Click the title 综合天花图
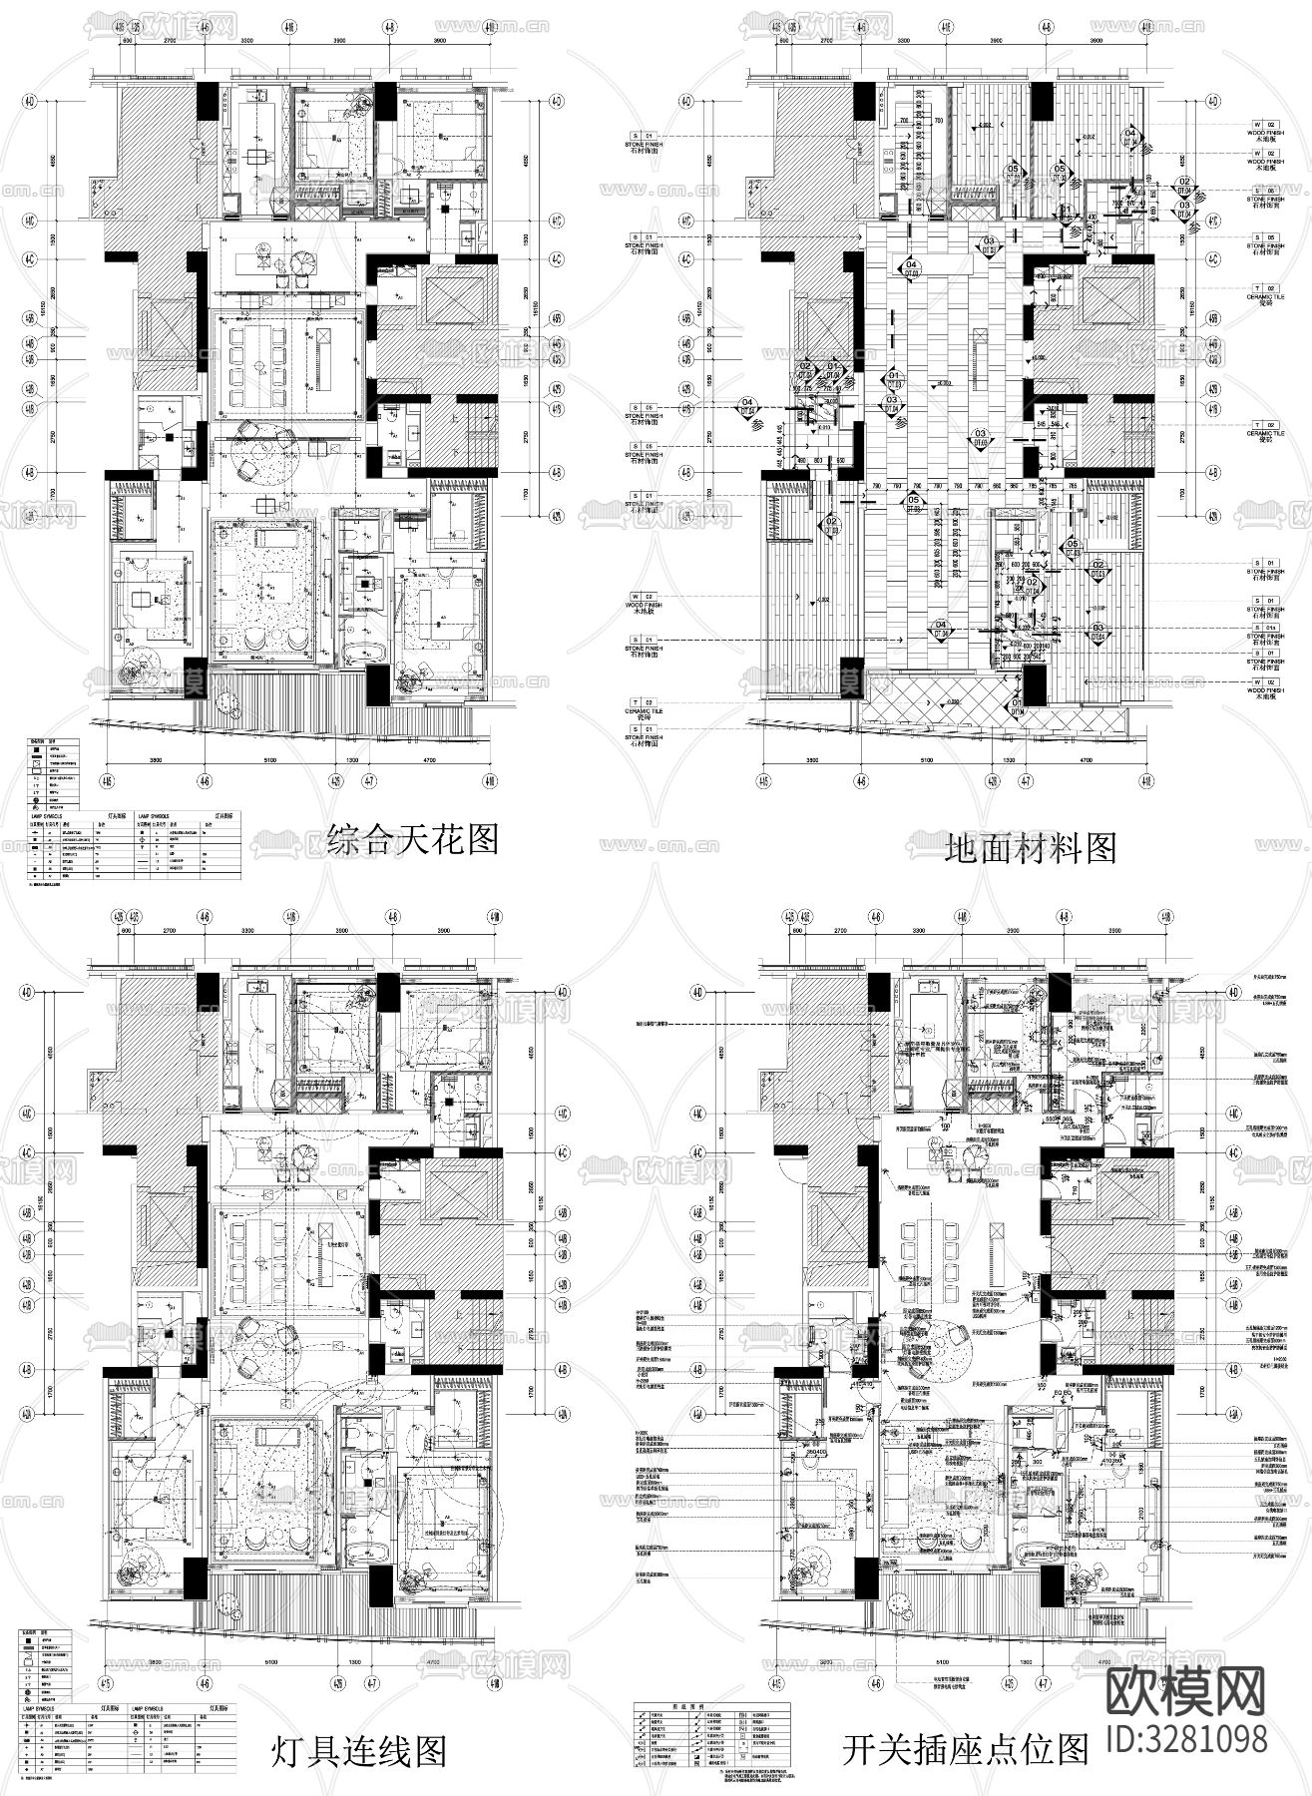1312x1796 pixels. tap(412, 839)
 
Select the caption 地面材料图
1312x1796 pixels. tap(1029, 848)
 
